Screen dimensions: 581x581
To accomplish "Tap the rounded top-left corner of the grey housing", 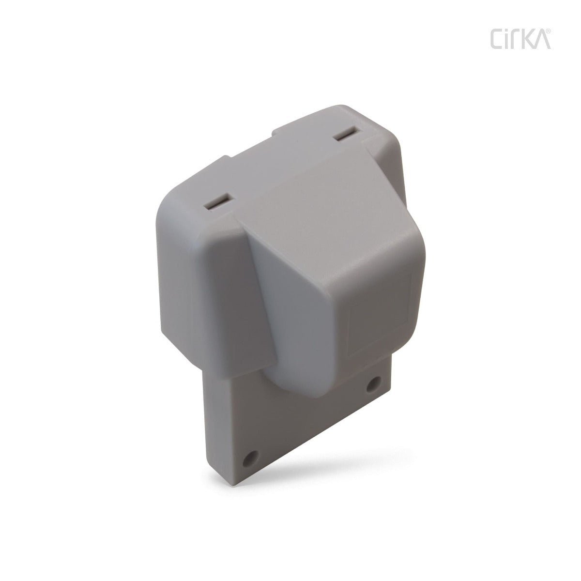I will pyautogui.click(x=174, y=194).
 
